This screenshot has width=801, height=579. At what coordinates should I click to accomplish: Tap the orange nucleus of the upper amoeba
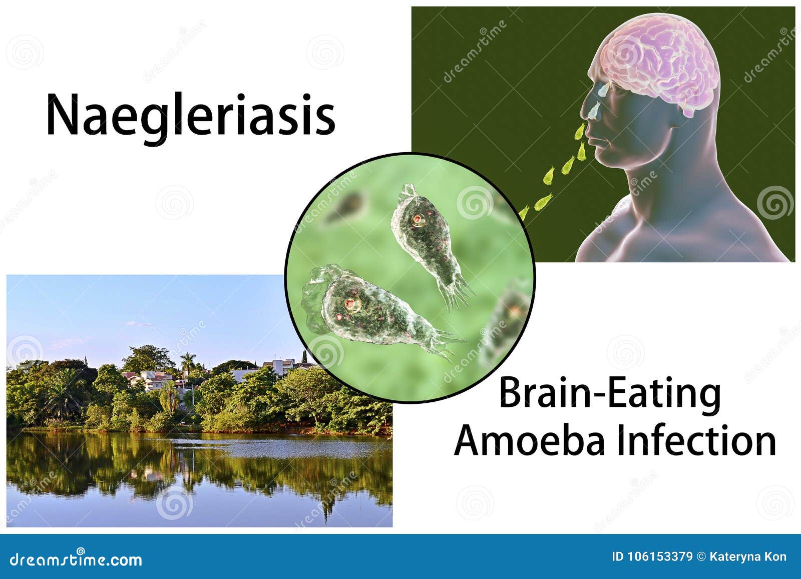(x=418, y=220)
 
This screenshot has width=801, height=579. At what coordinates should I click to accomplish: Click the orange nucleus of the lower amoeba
(x=353, y=304)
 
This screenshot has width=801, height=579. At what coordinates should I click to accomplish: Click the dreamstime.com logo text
(x=75, y=559)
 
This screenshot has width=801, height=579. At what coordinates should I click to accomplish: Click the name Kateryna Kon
(x=748, y=557)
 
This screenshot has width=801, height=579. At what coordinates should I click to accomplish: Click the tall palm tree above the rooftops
(x=188, y=363)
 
